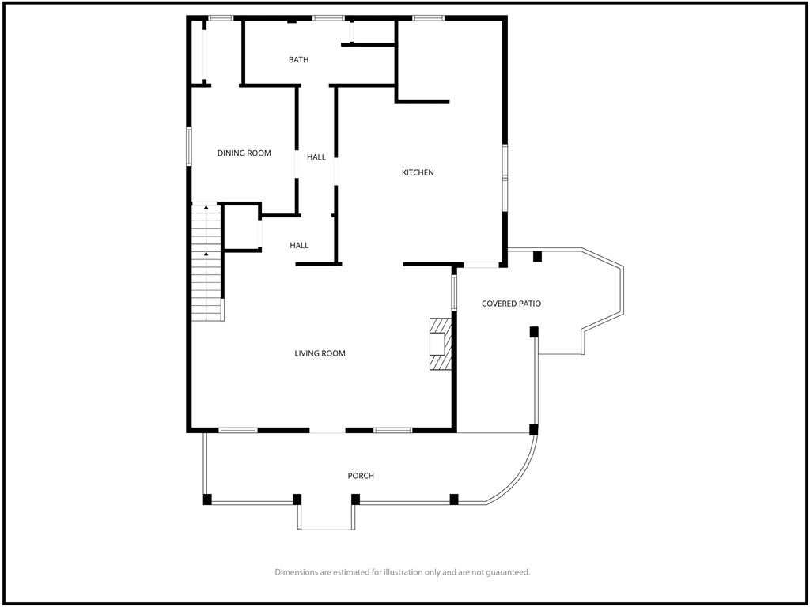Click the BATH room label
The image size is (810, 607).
[298, 60]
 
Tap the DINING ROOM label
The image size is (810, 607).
[244, 153]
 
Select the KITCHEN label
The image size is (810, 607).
[418, 172]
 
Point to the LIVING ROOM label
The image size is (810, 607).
[320, 353]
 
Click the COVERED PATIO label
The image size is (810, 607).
[512, 303]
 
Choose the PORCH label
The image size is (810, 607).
[361, 476]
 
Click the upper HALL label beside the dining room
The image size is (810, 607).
[316, 157]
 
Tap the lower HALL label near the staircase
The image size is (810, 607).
[299, 246]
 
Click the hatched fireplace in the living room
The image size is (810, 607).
[441, 345]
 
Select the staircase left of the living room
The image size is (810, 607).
[207, 262]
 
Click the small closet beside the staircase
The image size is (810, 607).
[242, 228]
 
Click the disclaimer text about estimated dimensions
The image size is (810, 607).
[403, 572]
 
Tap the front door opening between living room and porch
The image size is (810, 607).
[327, 430]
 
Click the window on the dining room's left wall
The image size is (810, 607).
[189, 146]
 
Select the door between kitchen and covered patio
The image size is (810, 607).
[481, 265]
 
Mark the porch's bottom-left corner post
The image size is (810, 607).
[207, 500]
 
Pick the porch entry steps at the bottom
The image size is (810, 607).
[327, 517]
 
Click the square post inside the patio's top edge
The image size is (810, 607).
[537, 256]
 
